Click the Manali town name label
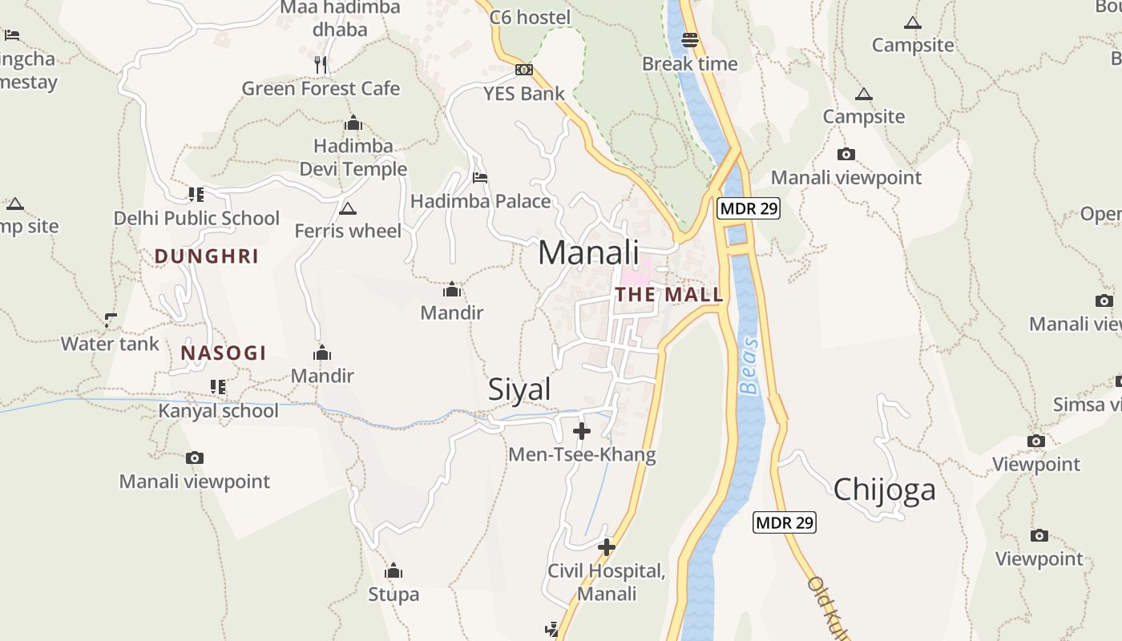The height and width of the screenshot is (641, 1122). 588,252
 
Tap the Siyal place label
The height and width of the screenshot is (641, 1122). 519,389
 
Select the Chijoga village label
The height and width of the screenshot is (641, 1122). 884,489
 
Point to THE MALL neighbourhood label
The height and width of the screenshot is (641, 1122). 669,295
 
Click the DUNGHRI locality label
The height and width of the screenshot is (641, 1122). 206,256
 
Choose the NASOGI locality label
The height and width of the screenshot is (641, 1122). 223,353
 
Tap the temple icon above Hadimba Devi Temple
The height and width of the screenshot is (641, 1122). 353,123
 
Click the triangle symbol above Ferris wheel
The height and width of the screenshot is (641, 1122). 347,209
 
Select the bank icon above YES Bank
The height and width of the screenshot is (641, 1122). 524,70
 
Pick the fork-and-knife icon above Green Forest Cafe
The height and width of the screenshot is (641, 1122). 321,65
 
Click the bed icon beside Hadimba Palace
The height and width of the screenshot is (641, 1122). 480,177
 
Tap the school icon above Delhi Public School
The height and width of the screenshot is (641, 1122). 196,194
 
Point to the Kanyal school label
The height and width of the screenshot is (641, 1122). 218,411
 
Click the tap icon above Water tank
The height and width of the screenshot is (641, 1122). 111,320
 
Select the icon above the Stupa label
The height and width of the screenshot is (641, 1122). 393,571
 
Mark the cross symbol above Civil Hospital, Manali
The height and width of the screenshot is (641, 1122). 607,547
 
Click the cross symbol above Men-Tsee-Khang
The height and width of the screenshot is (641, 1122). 582,432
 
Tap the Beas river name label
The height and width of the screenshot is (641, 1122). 749,365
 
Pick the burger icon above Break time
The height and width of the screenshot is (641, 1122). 690,39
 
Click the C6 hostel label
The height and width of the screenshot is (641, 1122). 530,18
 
